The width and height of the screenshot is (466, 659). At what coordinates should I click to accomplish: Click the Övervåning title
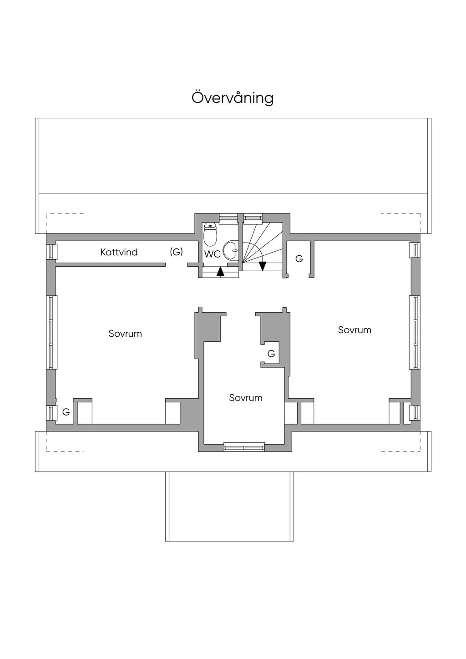click(x=233, y=98)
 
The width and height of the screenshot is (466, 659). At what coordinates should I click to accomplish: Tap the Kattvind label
click(x=119, y=252)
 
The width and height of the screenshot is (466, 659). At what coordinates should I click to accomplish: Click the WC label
click(x=213, y=254)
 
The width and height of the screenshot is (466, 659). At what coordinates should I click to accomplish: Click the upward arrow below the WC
click(x=220, y=272)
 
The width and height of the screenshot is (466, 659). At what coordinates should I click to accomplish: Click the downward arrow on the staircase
click(x=263, y=266)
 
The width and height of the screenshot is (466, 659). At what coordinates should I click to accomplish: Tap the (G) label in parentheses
click(x=176, y=252)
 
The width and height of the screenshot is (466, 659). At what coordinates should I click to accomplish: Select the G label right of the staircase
click(x=299, y=259)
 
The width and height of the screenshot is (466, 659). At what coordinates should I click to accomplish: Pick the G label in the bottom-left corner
click(x=66, y=412)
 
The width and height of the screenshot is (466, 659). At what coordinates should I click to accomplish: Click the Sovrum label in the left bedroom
click(x=125, y=334)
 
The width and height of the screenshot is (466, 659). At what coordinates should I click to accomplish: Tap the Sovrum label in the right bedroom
click(x=355, y=330)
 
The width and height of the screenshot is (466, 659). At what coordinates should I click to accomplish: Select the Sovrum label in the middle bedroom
click(x=246, y=398)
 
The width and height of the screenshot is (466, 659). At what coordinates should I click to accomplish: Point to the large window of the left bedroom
click(x=52, y=332)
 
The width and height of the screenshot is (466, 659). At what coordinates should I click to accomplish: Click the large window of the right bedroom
click(x=415, y=332)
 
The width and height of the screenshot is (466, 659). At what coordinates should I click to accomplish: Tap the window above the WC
click(x=228, y=218)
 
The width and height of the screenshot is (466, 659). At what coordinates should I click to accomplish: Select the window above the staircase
click(x=253, y=218)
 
